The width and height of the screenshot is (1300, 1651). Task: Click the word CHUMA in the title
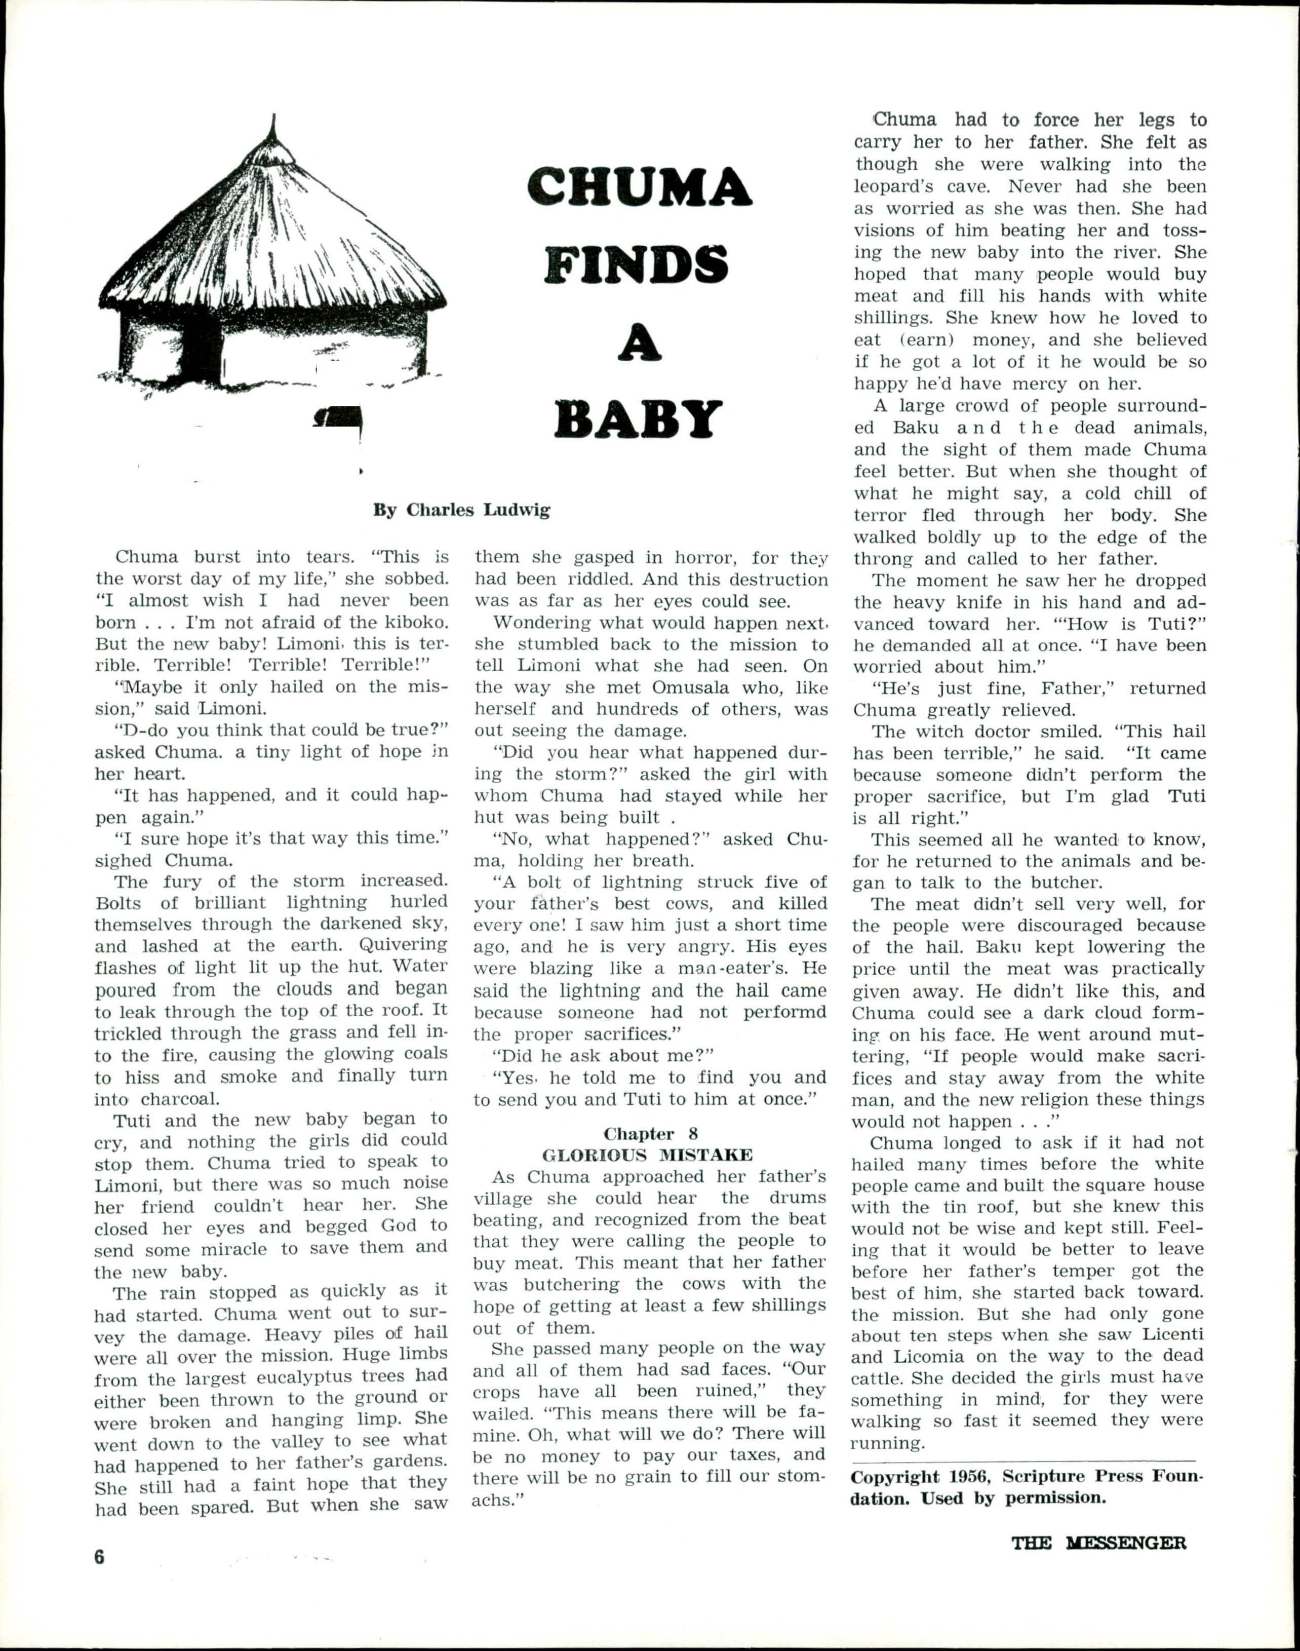[639, 187]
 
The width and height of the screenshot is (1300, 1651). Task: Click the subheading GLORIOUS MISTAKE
[648, 1155]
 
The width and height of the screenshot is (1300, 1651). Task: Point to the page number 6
[99, 1557]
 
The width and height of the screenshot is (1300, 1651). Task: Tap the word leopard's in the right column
[894, 186]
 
